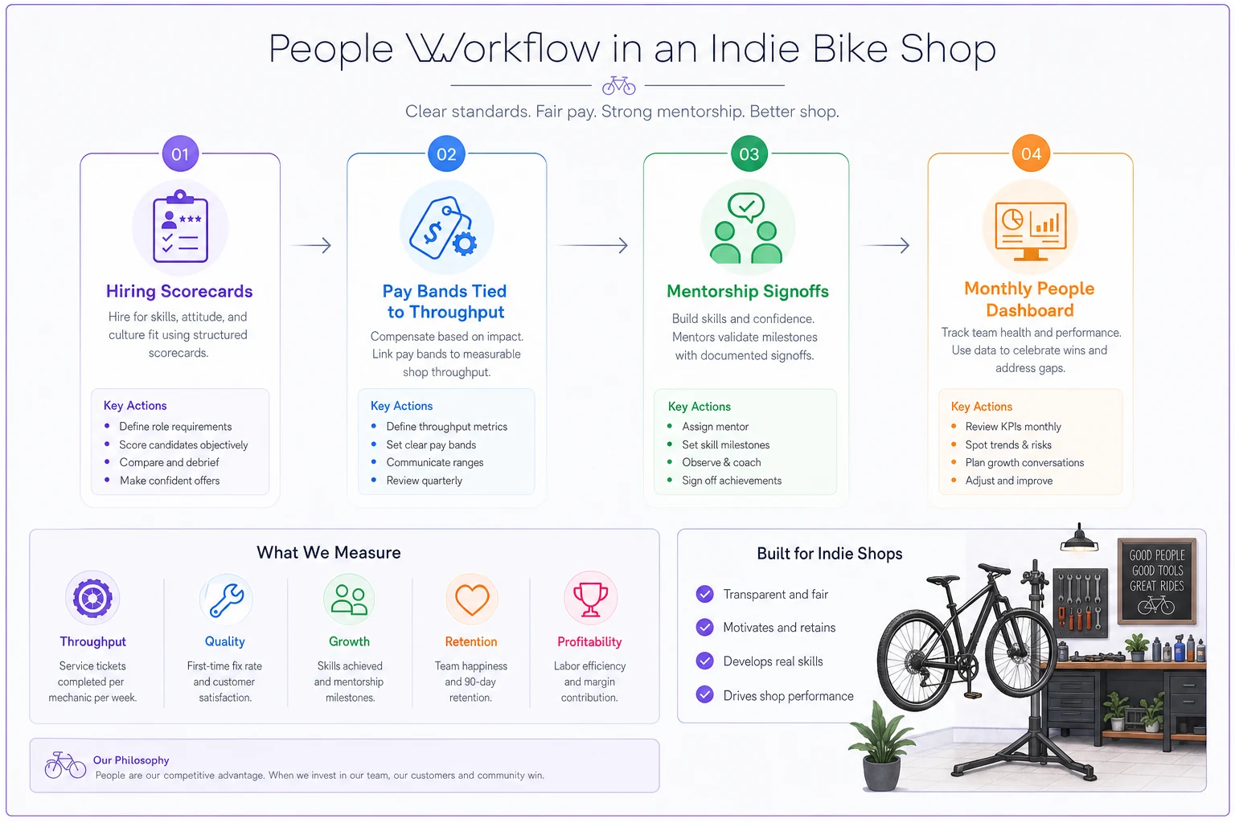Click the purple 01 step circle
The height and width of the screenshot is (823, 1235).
click(180, 154)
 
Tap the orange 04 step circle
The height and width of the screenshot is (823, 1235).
click(1031, 154)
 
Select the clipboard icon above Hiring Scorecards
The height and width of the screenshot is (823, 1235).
click(180, 227)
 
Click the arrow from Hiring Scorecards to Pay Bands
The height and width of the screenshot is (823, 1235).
click(311, 245)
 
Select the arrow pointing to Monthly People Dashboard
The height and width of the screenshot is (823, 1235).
click(885, 245)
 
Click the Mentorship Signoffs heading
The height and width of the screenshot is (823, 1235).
click(747, 291)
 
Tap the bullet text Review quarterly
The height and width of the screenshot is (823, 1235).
click(424, 481)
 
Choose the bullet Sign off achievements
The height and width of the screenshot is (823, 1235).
click(732, 481)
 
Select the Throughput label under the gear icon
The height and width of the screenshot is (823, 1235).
click(92, 641)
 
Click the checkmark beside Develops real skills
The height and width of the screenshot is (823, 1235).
click(704, 661)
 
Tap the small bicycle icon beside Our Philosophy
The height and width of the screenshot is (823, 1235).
click(65, 765)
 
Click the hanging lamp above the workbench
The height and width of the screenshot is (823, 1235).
click(1079, 538)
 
